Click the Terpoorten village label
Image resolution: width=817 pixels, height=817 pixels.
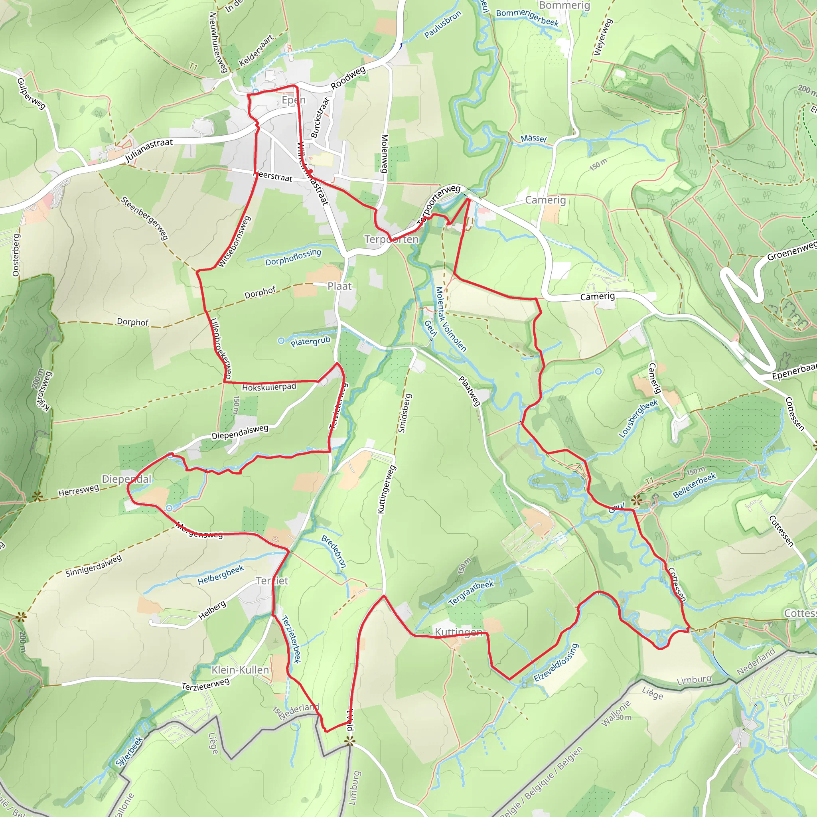click(x=391, y=239)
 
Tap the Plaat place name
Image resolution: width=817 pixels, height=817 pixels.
click(x=339, y=286)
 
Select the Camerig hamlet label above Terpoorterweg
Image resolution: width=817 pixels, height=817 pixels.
click(x=545, y=200)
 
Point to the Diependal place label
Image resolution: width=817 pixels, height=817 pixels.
click(x=126, y=479)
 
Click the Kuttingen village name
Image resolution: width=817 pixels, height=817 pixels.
click(x=458, y=632)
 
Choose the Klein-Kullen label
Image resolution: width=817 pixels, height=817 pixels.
click(x=240, y=670)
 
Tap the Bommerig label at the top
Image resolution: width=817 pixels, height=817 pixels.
click(x=564, y=6)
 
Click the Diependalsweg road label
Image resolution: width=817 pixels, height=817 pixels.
click(x=240, y=432)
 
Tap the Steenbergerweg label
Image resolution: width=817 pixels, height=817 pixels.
click(x=144, y=218)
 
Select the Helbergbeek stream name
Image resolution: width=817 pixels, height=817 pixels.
click(x=220, y=575)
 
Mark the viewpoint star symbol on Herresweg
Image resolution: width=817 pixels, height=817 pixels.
click(x=37, y=496)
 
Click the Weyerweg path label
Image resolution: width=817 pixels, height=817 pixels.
click(x=603, y=37)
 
